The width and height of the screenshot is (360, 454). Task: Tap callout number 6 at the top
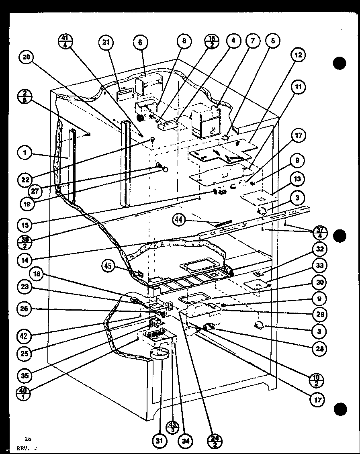point(140,43)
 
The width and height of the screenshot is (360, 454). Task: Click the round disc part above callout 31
point(160,354)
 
